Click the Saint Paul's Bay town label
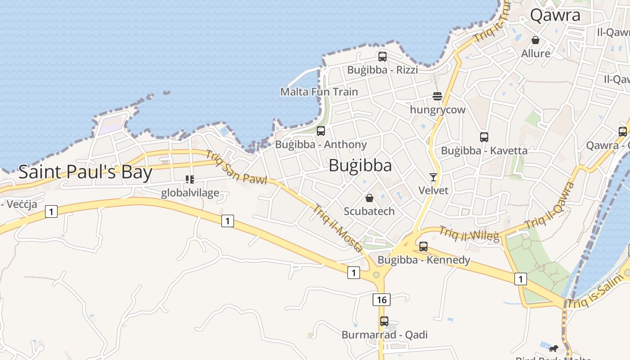point(85,172)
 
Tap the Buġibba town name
point(360,166)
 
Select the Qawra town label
point(555,15)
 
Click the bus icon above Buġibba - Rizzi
point(382,57)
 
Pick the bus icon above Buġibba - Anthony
point(321,131)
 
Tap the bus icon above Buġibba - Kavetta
point(484,137)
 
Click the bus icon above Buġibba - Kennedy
point(423,247)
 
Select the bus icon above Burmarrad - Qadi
point(384,321)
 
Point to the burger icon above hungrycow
point(437,96)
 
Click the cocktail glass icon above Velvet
point(433,177)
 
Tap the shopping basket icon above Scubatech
point(369,198)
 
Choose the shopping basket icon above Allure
point(535,40)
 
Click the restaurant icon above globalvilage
point(190,180)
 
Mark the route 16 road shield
point(382,300)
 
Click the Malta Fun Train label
point(319,92)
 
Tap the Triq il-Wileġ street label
point(469,233)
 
